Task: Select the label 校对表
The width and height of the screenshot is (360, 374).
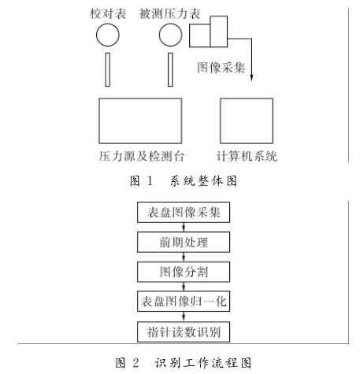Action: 108,13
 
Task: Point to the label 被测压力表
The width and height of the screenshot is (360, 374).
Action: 169,13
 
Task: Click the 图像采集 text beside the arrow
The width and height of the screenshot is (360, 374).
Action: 221,68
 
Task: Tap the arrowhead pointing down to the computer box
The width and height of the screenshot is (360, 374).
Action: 251,78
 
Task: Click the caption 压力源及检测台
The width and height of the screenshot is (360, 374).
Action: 141,156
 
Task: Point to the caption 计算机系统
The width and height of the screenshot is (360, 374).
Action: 247,156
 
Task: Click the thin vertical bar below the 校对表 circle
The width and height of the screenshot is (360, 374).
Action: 108,69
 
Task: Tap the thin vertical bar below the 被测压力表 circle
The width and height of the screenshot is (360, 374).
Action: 170,69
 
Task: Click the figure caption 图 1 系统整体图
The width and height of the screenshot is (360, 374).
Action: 184,181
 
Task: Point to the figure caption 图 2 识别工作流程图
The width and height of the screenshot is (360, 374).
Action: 184,363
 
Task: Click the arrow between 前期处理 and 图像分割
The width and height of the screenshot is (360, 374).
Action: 184,257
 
